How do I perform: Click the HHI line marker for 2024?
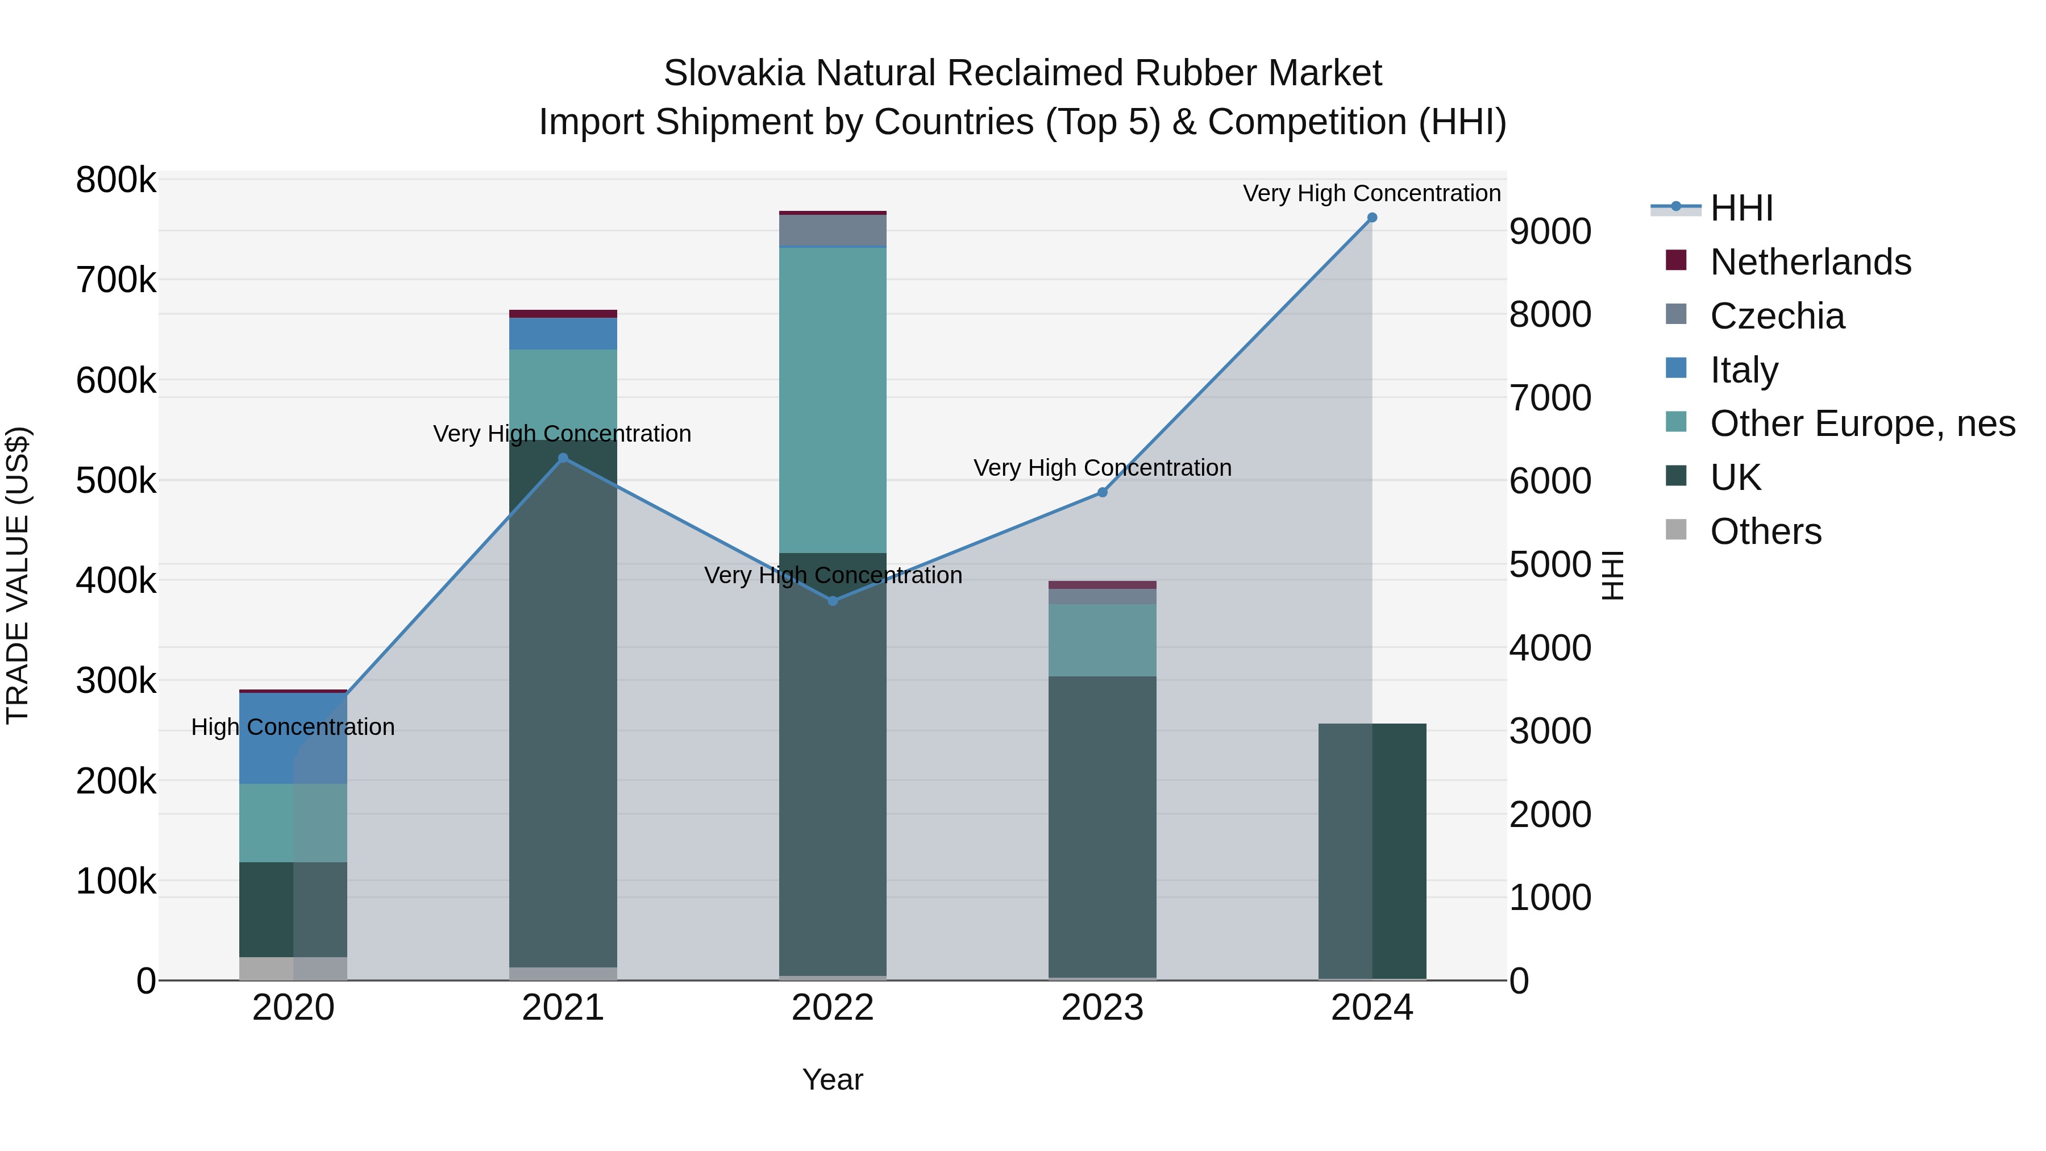click(x=1372, y=218)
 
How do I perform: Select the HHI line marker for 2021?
click(x=563, y=458)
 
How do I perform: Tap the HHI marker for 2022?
click(x=833, y=601)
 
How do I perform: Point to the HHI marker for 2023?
click(x=1103, y=492)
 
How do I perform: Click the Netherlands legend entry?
click(x=1810, y=262)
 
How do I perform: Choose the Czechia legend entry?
click(x=1777, y=316)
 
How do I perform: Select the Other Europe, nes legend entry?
click(x=1862, y=424)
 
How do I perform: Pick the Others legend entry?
click(x=1765, y=531)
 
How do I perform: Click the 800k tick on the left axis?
click(x=116, y=180)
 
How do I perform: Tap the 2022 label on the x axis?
click(x=833, y=1008)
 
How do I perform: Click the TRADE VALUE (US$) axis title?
click(x=18, y=575)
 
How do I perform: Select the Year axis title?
click(x=833, y=1079)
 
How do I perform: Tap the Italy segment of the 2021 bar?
click(x=563, y=334)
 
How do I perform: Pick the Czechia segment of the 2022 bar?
click(x=833, y=230)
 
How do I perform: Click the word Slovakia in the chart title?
click(x=734, y=74)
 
